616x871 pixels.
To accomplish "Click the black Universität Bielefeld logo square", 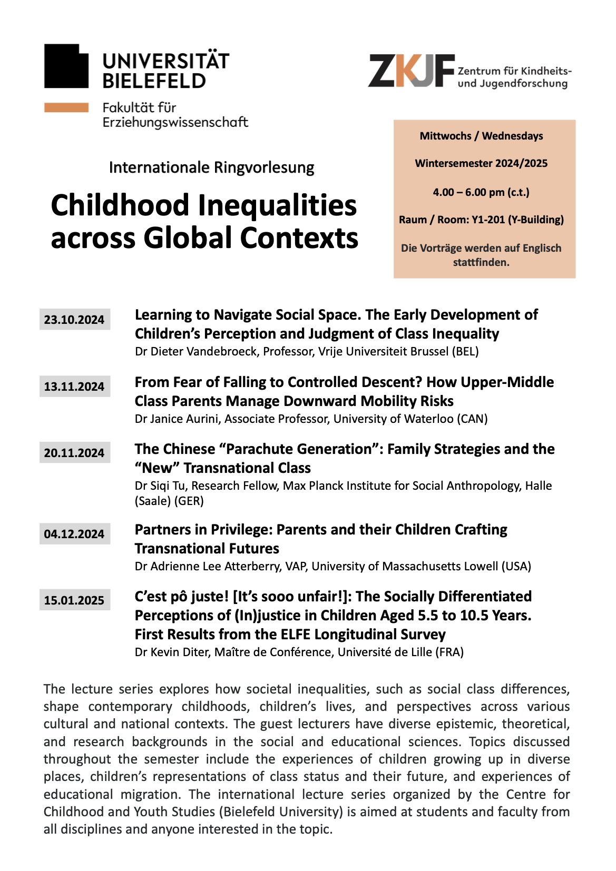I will point(66,66).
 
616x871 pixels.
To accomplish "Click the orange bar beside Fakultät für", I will point(66,107).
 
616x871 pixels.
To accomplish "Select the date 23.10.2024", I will point(74,320).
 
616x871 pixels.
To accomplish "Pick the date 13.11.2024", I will point(74,387).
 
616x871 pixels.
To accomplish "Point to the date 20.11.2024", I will point(74,453).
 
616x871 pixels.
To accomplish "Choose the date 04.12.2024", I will point(74,534).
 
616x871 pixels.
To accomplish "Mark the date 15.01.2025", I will point(74,600).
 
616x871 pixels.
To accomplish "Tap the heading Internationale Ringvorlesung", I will point(211,167).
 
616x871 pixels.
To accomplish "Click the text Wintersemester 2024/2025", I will point(481,163).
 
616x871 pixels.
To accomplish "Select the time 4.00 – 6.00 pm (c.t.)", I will point(481,192).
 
